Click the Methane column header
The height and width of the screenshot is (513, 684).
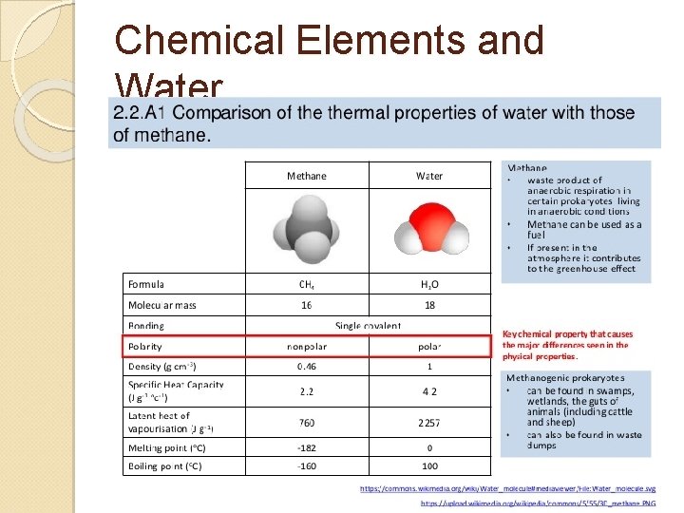coord(306,176)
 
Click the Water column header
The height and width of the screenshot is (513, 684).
coord(429,176)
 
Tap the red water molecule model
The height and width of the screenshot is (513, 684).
coord(429,228)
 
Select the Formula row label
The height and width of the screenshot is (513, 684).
coord(147,284)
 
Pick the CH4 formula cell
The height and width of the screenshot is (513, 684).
coord(306,284)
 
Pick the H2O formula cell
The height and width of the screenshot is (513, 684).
coord(429,284)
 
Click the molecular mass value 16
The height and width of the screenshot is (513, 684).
coord(306,305)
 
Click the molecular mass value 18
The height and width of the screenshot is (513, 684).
coord(429,305)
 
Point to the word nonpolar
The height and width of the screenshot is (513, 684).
coord(306,346)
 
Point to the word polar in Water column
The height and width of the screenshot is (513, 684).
coord(429,346)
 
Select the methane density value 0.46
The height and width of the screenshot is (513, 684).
coord(306,366)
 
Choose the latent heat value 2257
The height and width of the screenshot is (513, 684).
coord(429,422)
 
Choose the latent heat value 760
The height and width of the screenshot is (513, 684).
coord(306,422)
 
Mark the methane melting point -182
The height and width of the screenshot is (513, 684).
coord(306,447)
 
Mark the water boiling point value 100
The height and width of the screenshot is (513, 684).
coord(429,466)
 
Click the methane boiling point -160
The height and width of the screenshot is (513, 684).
coord(306,466)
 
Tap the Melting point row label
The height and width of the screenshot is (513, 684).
coord(166,447)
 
